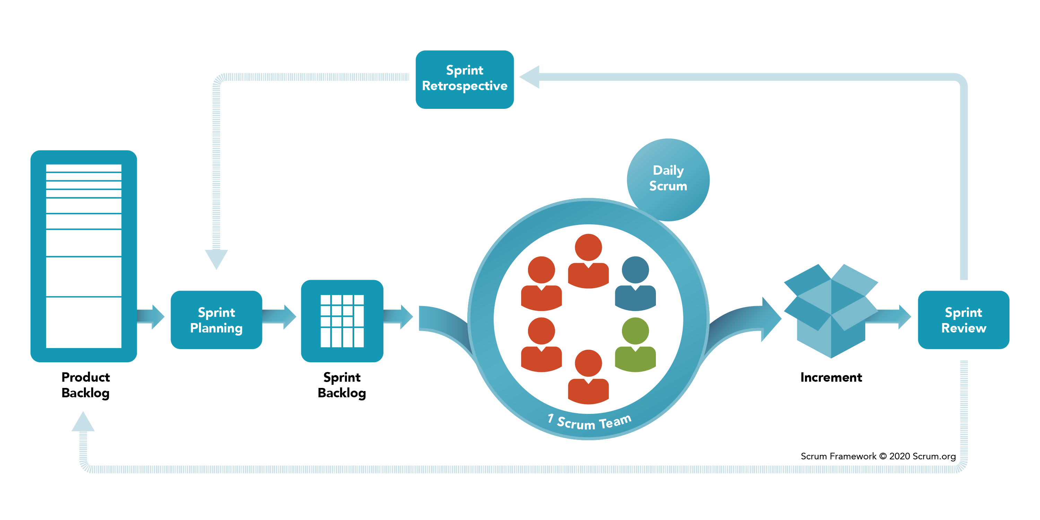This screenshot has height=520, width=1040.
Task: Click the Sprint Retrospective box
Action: tap(465, 79)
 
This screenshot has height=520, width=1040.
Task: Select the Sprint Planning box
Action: tap(216, 320)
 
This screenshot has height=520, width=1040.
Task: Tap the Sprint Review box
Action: tap(964, 320)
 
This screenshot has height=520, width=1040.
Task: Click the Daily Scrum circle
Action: tap(668, 180)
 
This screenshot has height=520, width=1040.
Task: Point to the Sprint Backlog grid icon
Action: tap(342, 321)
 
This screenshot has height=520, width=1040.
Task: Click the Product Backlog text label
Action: tap(86, 385)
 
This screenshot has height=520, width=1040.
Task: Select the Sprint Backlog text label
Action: tap(342, 385)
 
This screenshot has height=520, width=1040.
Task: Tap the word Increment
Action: tap(831, 377)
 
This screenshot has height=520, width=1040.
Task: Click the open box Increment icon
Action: tap(831, 311)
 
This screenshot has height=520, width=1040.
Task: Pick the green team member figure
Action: tap(635, 344)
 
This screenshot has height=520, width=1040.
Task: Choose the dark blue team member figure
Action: tap(635, 284)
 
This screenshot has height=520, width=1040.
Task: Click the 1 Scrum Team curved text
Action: tap(589, 422)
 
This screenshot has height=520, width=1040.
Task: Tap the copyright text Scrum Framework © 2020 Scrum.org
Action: tap(878, 456)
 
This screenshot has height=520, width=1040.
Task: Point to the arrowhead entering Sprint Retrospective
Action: tap(529, 77)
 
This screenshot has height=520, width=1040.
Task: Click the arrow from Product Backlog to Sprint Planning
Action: tap(150, 317)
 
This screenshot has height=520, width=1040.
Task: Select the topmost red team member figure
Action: tap(588, 261)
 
